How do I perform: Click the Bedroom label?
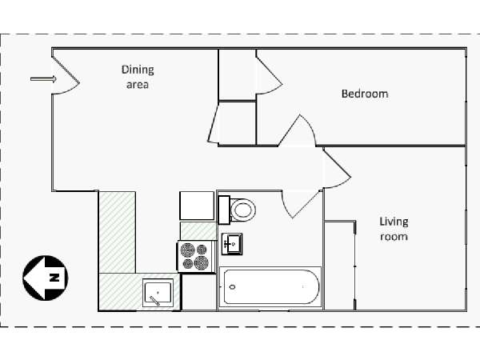point(365,94)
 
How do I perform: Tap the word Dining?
point(138,70)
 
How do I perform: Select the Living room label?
point(394,229)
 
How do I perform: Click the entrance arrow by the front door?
point(43,79)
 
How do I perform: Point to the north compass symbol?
point(46,278)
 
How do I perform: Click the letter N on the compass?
point(54,278)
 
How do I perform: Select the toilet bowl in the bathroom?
point(243,210)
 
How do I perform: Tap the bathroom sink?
point(232,244)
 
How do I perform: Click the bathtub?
point(270,287)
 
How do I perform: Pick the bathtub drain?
point(232,287)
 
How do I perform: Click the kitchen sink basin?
point(158,293)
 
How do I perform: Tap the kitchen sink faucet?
point(154,301)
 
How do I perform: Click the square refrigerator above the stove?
point(197,206)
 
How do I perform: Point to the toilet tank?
point(224,210)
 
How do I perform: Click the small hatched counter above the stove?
point(198,231)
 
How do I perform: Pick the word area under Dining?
point(138,85)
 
